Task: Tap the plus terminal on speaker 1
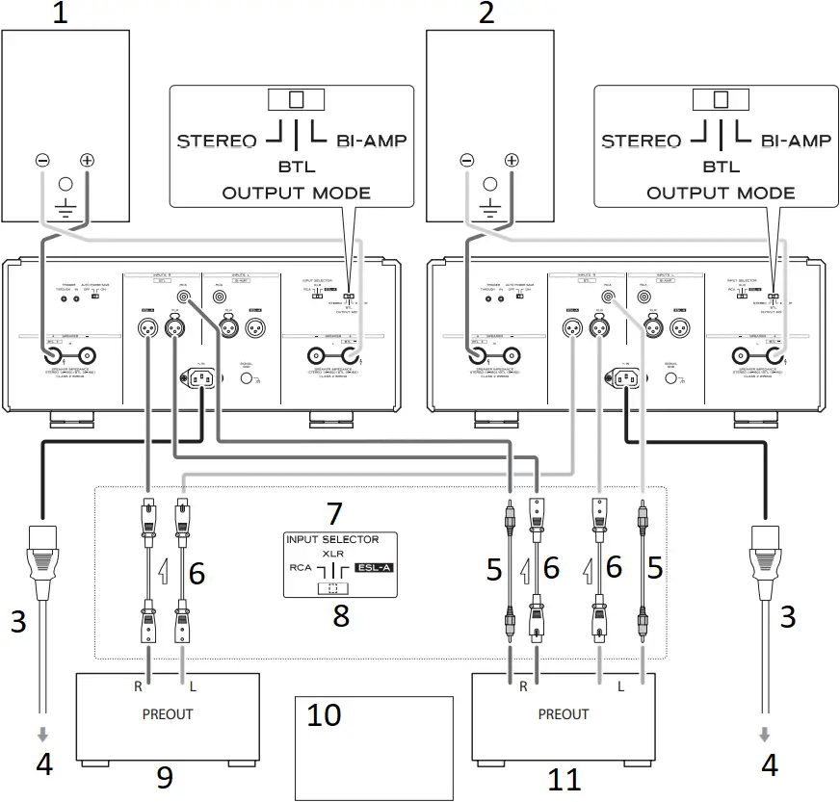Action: [x=88, y=161]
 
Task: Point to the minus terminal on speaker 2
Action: [x=467, y=161]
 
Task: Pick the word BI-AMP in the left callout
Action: [x=371, y=141]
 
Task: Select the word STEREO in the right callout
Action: [x=641, y=141]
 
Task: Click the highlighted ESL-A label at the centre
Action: [x=374, y=567]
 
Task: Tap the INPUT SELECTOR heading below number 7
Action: [x=332, y=539]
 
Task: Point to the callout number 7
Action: [x=332, y=512]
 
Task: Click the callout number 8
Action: [x=341, y=615]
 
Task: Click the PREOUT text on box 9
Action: [x=168, y=713]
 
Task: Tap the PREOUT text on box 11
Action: [x=564, y=713]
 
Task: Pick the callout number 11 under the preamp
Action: [x=563, y=779]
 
